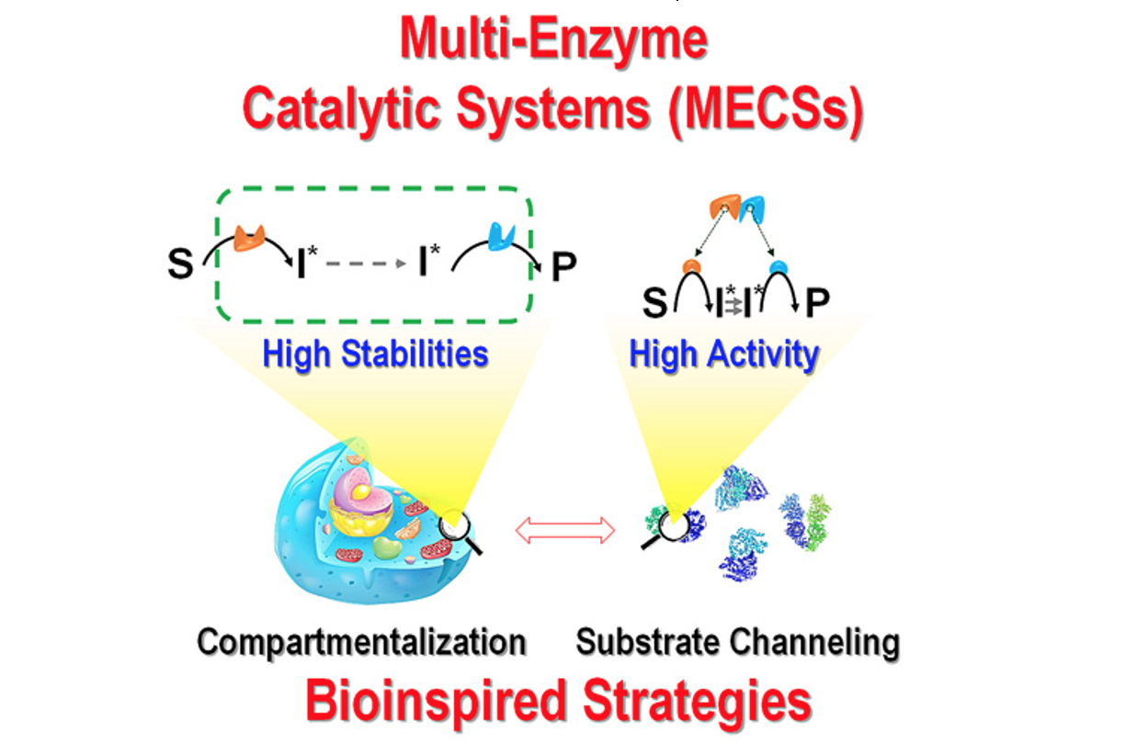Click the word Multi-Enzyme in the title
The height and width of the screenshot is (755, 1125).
pyautogui.click(x=553, y=40)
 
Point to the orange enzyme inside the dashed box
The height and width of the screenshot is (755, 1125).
pyautogui.click(x=250, y=236)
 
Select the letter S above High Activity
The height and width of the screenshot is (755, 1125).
pyautogui.click(x=654, y=304)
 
